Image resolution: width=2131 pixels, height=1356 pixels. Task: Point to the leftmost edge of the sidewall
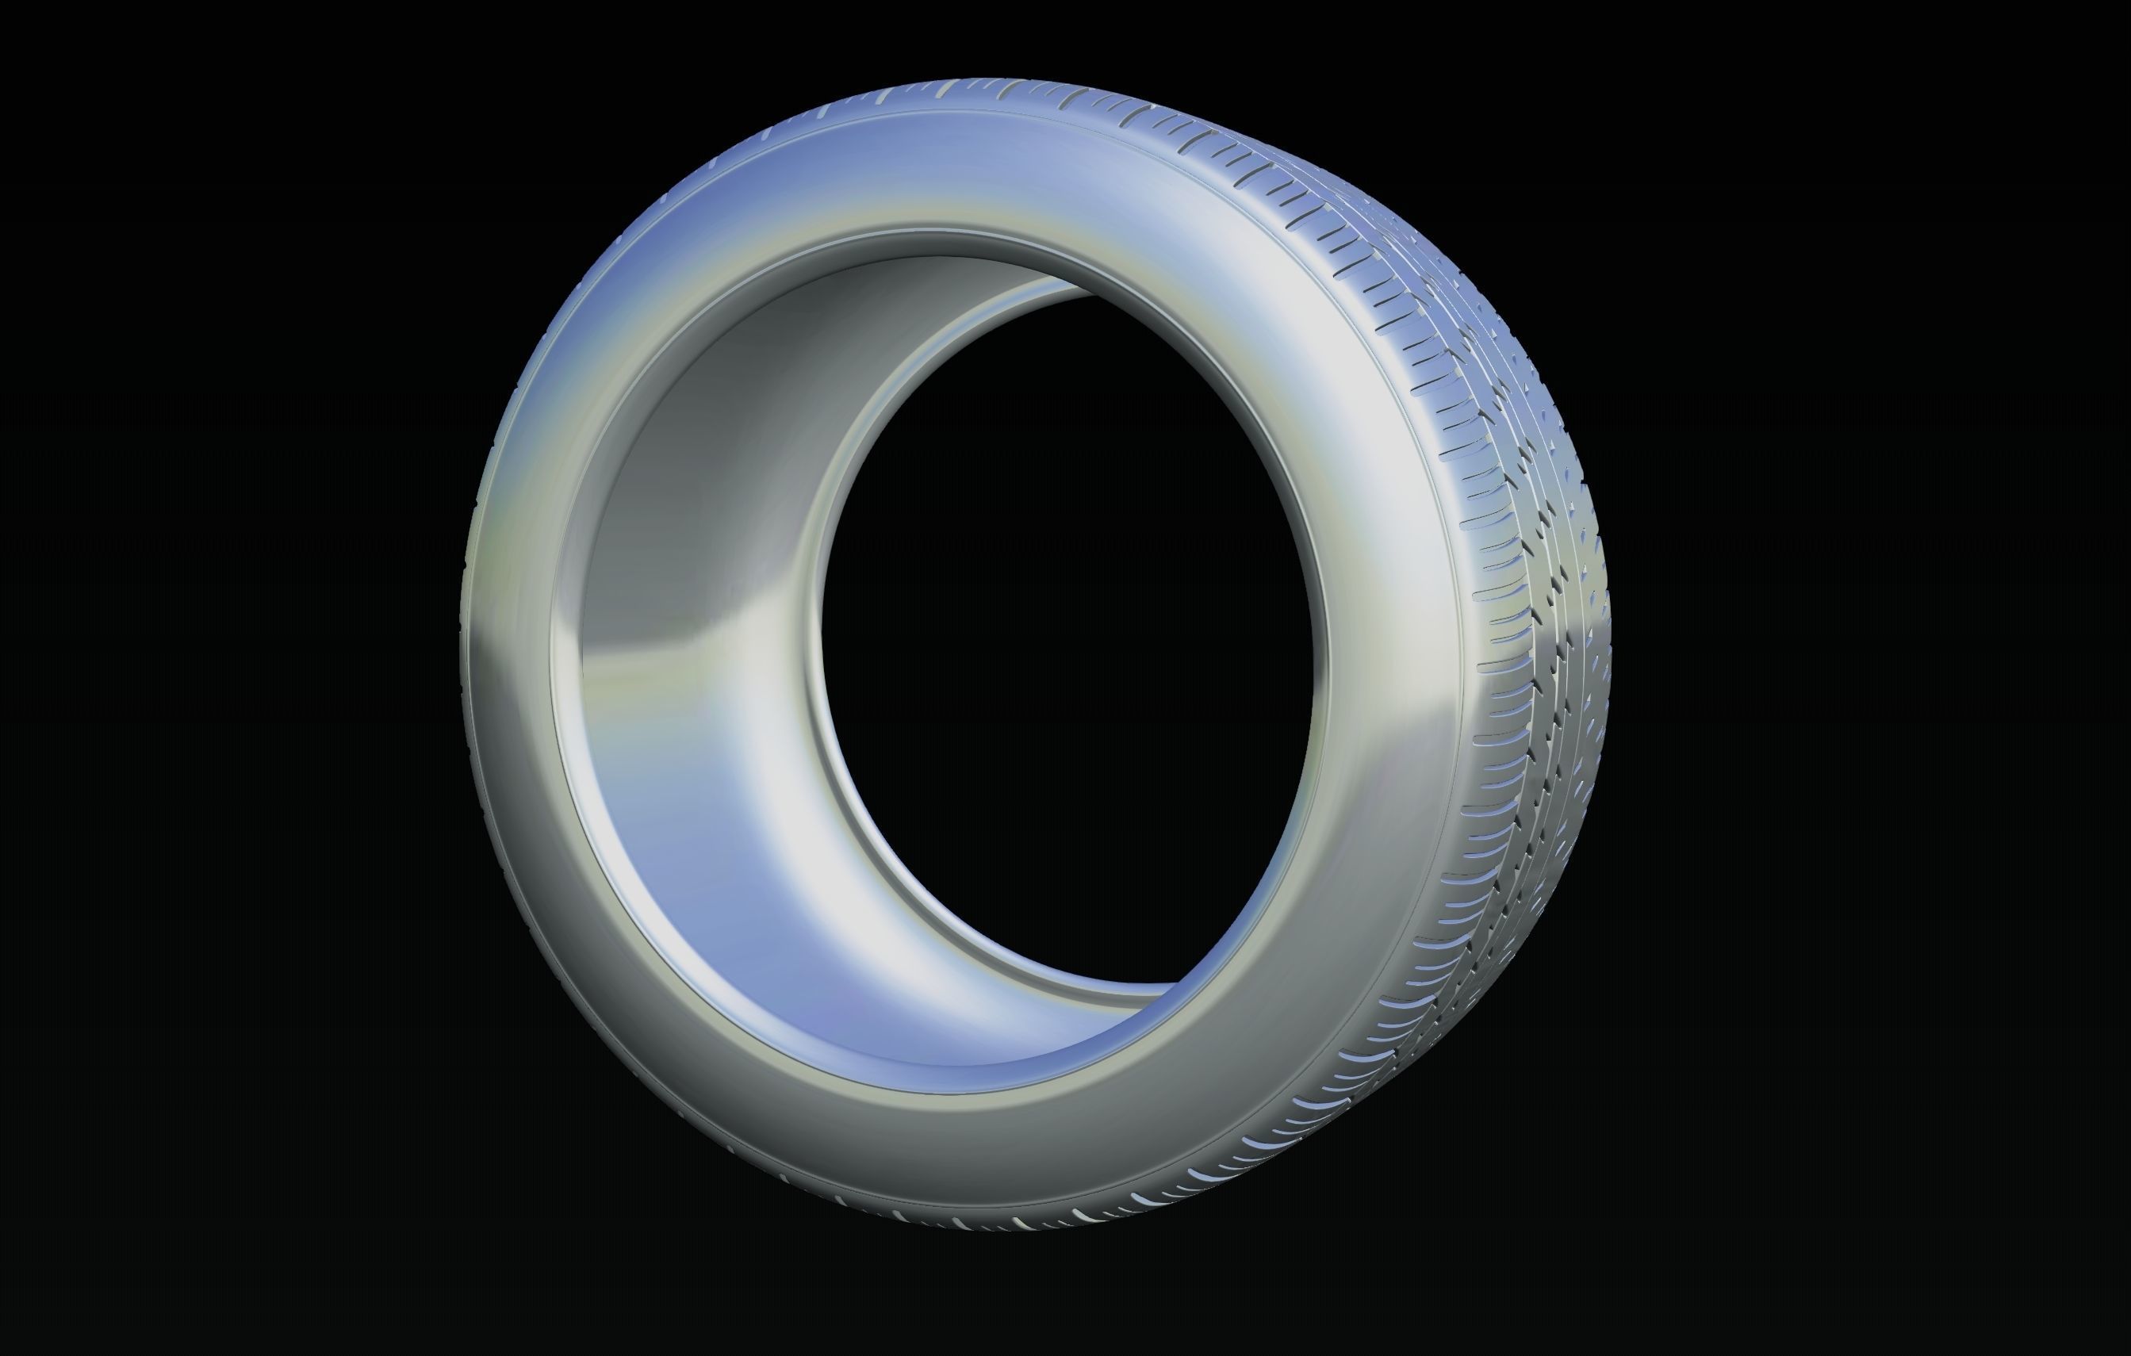pos(462,655)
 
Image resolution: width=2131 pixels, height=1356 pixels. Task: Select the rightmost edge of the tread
pos(1609,619)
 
